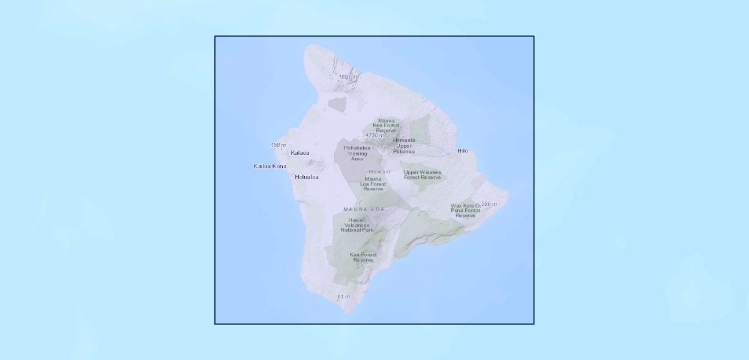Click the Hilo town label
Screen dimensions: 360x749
(x=462, y=151)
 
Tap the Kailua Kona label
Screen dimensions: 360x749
(x=270, y=166)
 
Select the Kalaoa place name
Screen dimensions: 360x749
(x=300, y=153)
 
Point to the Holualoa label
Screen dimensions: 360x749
(x=307, y=177)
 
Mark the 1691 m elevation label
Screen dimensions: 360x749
(x=348, y=77)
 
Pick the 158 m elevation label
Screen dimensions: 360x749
(x=278, y=145)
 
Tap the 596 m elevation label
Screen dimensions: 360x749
(x=489, y=204)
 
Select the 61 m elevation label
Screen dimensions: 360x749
(x=343, y=296)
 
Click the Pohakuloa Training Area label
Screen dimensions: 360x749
(x=356, y=153)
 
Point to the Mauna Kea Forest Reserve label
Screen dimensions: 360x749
(x=387, y=125)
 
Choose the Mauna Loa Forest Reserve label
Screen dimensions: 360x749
(x=373, y=184)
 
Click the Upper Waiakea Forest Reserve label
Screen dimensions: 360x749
(x=423, y=175)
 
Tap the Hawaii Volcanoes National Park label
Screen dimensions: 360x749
(x=357, y=225)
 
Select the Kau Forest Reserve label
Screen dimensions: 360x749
(x=363, y=257)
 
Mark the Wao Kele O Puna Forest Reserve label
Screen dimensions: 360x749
(x=466, y=211)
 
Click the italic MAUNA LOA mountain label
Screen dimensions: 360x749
(x=364, y=209)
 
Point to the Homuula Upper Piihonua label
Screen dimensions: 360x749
(x=404, y=146)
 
